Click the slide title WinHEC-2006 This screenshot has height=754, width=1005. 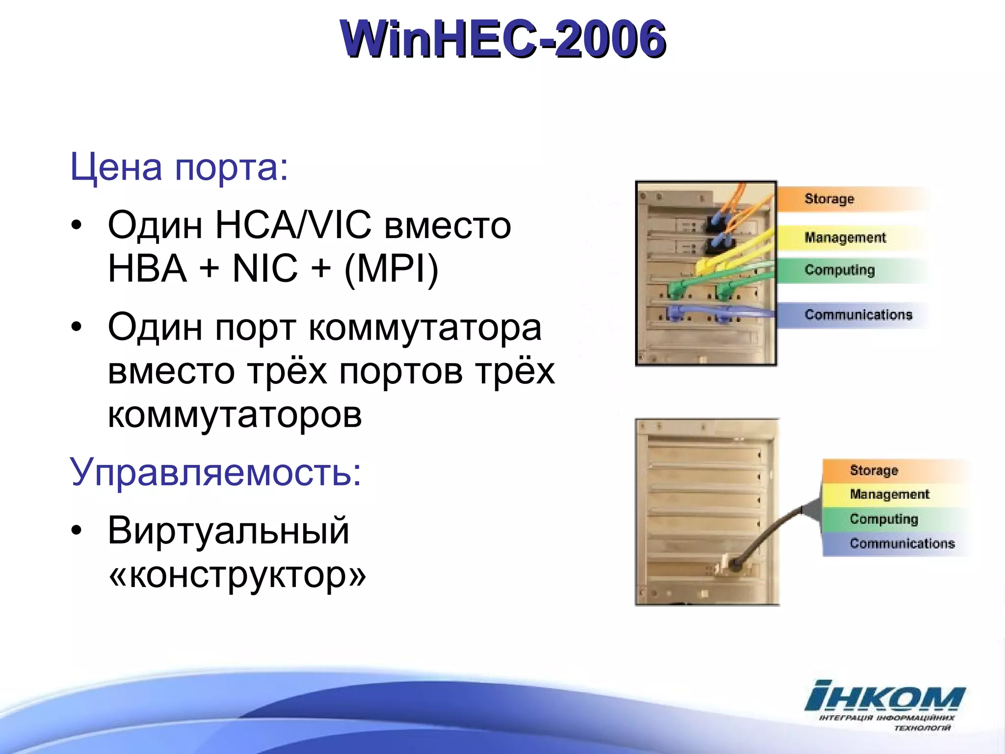(502, 39)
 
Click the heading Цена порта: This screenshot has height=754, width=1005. (179, 167)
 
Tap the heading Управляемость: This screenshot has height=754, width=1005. (215, 472)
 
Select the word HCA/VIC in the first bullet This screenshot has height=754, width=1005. (293, 225)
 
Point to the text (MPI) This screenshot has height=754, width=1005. (391, 269)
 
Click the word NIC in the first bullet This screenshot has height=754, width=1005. (265, 269)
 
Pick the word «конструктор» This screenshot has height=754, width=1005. (237, 574)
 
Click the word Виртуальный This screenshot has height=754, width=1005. (228, 531)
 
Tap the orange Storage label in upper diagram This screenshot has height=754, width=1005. (829, 199)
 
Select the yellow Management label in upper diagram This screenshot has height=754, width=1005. (845, 238)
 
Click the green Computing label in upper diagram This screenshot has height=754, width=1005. (840, 270)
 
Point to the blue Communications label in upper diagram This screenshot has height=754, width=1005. (858, 315)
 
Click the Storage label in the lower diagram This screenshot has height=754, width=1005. (874, 470)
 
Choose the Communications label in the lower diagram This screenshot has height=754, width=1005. (902, 543)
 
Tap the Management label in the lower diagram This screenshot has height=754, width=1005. (889, 494)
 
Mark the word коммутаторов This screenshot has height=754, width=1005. (235, 415)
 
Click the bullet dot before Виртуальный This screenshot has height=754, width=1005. (76, 531)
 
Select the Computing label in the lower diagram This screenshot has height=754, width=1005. (884, 519)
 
